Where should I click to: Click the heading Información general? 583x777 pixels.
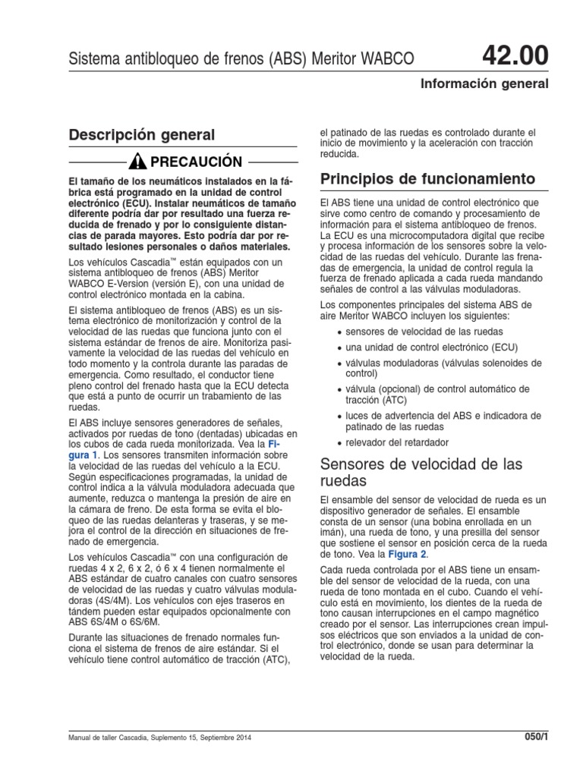[x=484, y=83]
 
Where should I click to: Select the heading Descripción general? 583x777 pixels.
[x=142, y=134]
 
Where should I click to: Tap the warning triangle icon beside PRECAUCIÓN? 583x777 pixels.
[x=137, y=162]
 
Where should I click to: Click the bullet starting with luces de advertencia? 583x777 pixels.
[x=443, y=421]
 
